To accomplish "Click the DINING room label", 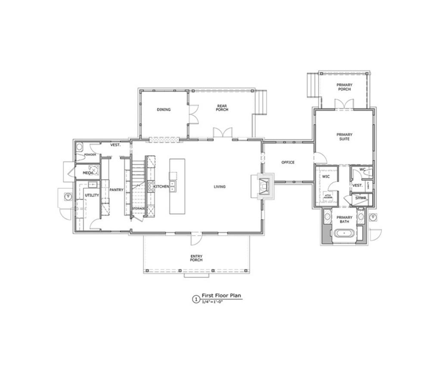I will [x=164, y=109].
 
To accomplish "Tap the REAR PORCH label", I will [x=222, y=108].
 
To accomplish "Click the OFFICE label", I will [x=288, y=163].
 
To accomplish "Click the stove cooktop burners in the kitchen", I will [x=151, y=186].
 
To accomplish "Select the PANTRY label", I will [x=116, y=190].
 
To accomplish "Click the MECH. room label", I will [x=88, y=173].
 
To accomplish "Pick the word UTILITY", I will [x=92, y=195].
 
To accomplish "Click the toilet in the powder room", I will [x=79, y=147].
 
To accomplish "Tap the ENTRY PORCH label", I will [x=196, y=258].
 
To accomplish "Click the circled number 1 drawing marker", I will [x=196, y=299].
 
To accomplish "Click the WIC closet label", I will [x=326, y=176].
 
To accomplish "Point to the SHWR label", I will [x=360, y=198].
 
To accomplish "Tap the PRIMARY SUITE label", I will [x=344, y=137].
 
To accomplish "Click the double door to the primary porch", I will [x=344, y=105].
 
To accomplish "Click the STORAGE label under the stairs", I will [x=138, y=209].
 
